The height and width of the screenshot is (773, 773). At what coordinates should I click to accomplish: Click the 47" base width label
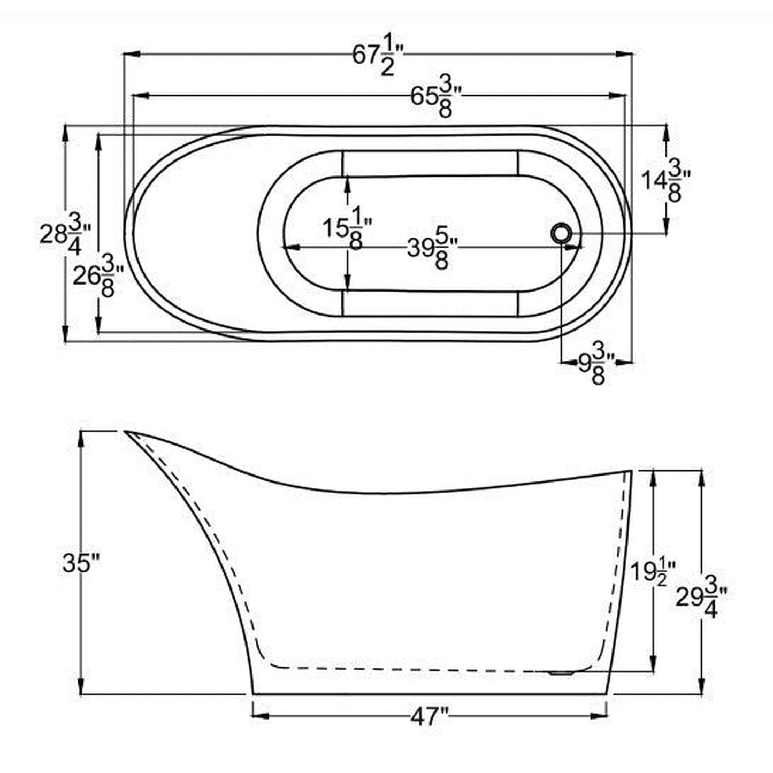[430, 716]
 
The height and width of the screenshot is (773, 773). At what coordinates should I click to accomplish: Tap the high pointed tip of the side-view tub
[127, 431]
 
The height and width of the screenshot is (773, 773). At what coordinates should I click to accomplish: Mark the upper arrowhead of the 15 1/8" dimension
[348, 182]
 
